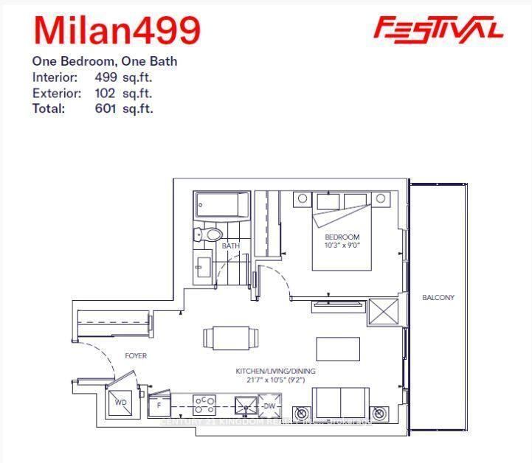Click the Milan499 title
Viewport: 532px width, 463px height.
tap(117, 29)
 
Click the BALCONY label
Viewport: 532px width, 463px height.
tap(438, 298)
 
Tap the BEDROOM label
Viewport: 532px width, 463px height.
tap(342, 237)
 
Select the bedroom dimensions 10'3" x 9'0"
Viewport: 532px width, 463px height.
tap(342, 245)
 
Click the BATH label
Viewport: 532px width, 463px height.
tap(231, 246)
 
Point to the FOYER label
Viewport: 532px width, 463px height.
tap(136, 356)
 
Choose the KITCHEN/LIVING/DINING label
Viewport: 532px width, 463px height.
tap(275, 371)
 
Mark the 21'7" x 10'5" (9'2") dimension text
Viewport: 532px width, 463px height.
tap(275, 380)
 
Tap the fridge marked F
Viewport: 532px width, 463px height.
tap(159, 405)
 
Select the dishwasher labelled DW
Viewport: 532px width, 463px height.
tap(270, 405)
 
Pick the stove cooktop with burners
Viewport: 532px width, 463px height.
tap(204, 405)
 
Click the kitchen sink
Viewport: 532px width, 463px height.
tap(246, 405)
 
